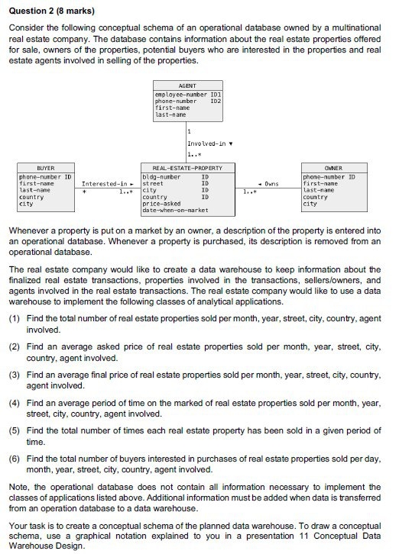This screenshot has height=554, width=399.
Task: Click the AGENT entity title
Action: [187, 86]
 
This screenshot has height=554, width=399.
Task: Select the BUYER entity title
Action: [47, 167]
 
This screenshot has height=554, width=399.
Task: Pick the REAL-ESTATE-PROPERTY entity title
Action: [187, 167]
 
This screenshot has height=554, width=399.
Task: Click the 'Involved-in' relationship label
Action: [205, 143]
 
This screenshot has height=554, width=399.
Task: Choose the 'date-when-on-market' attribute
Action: [175, 210]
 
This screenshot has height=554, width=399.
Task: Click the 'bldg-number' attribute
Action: [161, 177]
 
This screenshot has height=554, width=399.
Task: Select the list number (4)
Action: [15, 401]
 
